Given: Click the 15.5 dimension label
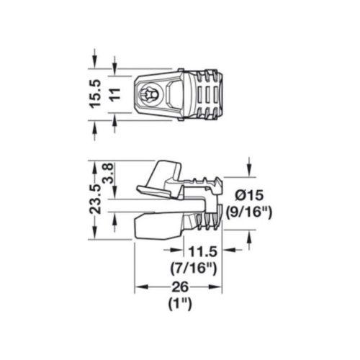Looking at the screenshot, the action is [x=96, y=94].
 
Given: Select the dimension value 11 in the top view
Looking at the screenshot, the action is [x=115, y=94].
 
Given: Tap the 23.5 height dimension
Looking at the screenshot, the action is [x=95, y=199].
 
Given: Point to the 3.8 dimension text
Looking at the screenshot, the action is [x=109, y=174].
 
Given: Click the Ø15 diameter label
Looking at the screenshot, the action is [x=249, y=195].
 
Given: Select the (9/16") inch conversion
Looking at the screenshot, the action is [x=249, y=212].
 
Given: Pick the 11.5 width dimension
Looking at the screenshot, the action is [x=203, y=251].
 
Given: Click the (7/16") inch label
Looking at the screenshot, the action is [x=194, y=268].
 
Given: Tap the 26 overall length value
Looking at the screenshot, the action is [x=181, y=287].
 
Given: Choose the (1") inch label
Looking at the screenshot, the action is [x=180, y=304].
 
